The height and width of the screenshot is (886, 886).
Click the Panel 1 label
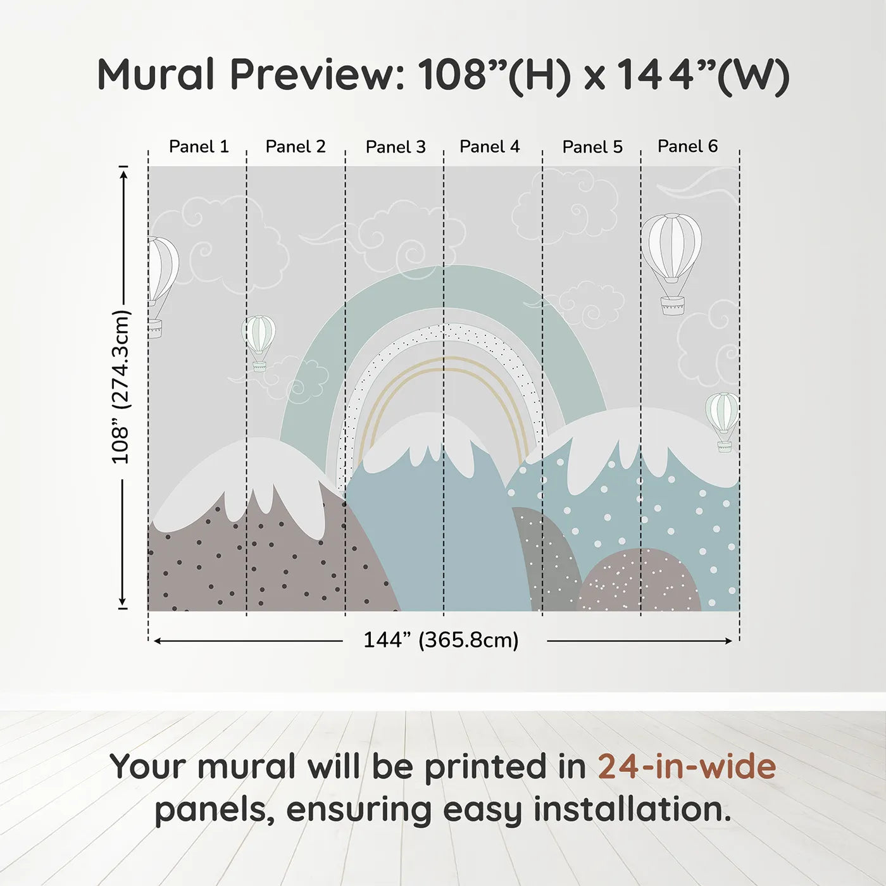coord(199,147)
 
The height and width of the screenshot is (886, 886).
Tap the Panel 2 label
coord(295,147)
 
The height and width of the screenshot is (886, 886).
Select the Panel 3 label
coord(396,147)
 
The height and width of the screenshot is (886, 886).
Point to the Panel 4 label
coord(489,147)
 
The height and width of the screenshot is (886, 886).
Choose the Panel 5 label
coord(592,147)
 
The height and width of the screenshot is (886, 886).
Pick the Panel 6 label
coord(687,146)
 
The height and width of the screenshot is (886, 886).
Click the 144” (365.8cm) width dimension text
coord(441,640)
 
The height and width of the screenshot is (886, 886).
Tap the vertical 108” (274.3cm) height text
coord(121,387)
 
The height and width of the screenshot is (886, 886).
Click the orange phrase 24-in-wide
coord(687,766)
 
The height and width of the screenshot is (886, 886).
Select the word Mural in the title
coord(156,74)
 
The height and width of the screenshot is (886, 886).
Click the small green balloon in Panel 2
coord(259,343)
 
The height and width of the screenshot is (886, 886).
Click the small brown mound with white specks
coord(639,580)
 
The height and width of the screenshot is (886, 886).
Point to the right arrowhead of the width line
coord(728,641)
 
